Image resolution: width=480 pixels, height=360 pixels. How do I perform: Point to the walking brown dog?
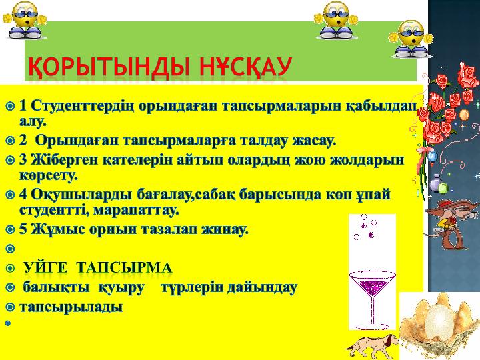373,346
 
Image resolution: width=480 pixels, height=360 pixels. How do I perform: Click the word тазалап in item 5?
165,229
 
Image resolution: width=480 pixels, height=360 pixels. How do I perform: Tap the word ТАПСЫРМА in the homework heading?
124,268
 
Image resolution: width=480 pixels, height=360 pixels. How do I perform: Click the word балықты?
57,288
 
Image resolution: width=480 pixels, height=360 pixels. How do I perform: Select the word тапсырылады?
71,307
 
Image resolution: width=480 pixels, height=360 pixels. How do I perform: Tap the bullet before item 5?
10,229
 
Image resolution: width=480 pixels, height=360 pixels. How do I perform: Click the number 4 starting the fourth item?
23,194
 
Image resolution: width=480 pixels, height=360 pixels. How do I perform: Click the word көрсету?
49,176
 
